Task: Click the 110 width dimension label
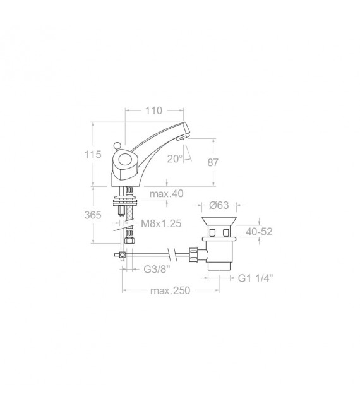[x=153, y=111]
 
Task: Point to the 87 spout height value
[x=213, y=162]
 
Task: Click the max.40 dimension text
[x=167, y=194]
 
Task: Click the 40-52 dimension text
[x=260, y=231]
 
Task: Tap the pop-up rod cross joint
[x=119, y=256]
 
